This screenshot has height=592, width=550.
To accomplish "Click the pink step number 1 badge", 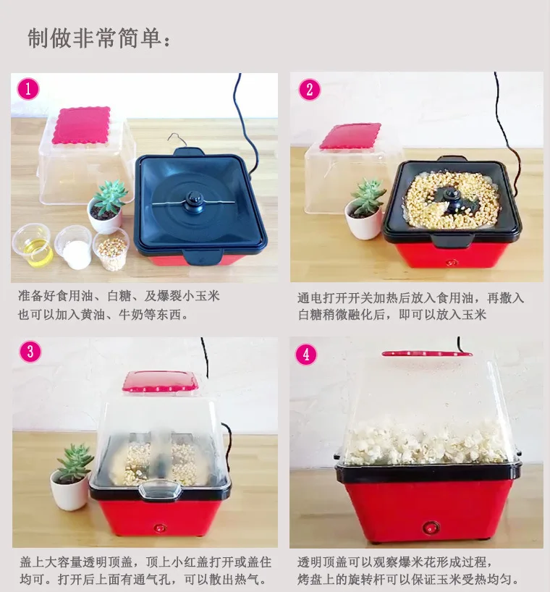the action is (x=28, y=89).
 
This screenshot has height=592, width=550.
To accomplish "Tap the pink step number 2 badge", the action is (x=310, y=90).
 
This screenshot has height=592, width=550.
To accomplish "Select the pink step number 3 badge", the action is (x=30, y=352).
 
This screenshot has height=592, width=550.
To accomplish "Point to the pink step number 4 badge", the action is (x=306, y=354).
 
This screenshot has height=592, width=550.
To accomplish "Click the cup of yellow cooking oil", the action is (x=33, y=245).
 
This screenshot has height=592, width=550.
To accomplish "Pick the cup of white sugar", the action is (x=74, y=248).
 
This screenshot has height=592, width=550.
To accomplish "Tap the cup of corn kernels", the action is (x=111, y=250).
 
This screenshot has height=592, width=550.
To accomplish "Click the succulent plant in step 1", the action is (x=110, y=197).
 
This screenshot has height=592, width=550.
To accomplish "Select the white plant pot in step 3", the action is (x=69, y=494).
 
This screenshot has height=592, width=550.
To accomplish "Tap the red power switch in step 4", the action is (x=431, y=527).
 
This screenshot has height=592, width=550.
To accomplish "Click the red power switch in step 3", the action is (x=160, y=527).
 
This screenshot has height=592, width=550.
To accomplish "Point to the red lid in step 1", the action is (x=81, y=125).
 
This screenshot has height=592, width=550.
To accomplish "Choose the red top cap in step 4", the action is (x=427, y=354).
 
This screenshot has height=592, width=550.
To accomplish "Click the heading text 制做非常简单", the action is (x=99, y=38).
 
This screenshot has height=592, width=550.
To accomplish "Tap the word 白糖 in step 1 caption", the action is (x=119, y=295).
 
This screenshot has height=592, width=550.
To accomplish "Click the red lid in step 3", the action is (x=161, y=381).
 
